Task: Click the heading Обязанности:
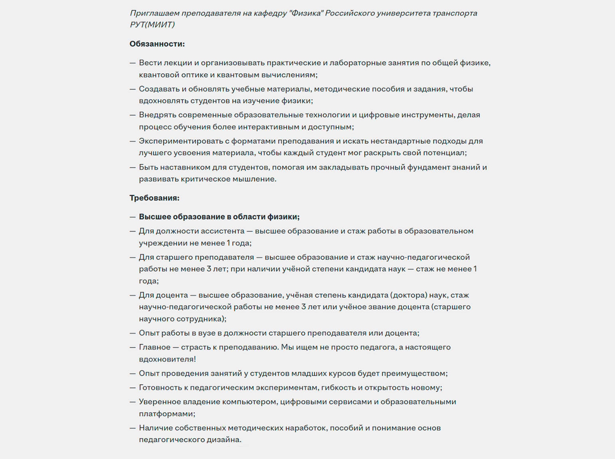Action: [157, 44]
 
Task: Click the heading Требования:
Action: [155, 198]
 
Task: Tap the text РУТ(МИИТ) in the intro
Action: [152, 25]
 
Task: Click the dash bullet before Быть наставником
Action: [133, 167]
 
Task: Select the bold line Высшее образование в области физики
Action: [219, 217]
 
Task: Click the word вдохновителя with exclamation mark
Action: [167, 359]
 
